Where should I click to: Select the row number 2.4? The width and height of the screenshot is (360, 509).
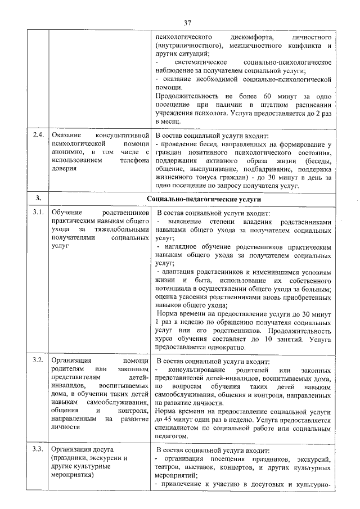click(x=38, y=136)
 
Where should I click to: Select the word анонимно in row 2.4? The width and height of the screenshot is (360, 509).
click(x=66, y=152)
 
